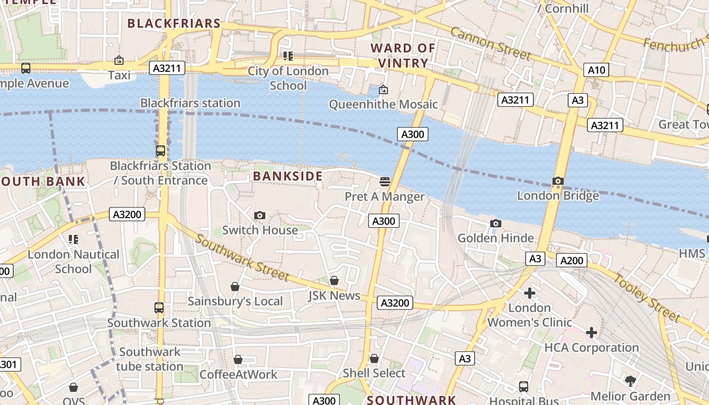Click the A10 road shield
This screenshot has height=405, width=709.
point(596,70)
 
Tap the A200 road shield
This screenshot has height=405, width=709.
point(572,260)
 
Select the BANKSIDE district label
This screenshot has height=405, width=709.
point(288,176)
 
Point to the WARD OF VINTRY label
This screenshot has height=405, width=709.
point(403,56)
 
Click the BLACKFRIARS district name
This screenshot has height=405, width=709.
point(174,23)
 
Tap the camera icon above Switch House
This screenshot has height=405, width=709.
point(260,216)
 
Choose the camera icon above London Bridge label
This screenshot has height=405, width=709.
point(558,181)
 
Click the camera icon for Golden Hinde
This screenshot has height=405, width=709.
point(496,224)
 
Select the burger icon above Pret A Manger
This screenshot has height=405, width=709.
point(384,182)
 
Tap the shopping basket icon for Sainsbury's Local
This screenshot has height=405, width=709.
point(235,287)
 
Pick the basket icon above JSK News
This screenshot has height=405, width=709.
point(334,280)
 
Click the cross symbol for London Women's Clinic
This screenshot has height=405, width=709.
point(530,293)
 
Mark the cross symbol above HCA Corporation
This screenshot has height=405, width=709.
point(591,333)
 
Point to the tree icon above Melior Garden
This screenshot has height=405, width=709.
point(630,381)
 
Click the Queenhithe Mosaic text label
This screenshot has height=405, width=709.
point(383,104)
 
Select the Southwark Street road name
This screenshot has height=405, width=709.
point(242,258)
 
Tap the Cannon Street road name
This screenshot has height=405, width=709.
point(490,44)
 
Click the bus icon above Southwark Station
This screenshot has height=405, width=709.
point(159,308)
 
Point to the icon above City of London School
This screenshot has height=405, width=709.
point(288,56)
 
